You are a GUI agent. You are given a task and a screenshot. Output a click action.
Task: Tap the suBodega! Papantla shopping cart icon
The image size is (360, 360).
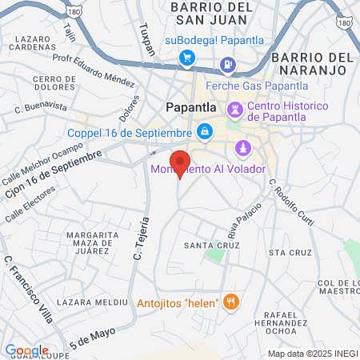(187, 57)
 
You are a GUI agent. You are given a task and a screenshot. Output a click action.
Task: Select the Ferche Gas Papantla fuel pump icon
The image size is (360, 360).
(229, 63)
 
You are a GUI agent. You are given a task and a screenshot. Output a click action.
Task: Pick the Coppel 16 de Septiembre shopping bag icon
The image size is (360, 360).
(204, 130)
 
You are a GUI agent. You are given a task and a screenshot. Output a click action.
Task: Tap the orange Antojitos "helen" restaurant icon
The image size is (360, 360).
(232, 301)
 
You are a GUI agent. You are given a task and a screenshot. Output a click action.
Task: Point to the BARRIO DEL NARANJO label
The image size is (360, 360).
(312, 65)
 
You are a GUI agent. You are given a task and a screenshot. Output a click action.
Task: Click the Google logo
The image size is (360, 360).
(26, 350)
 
